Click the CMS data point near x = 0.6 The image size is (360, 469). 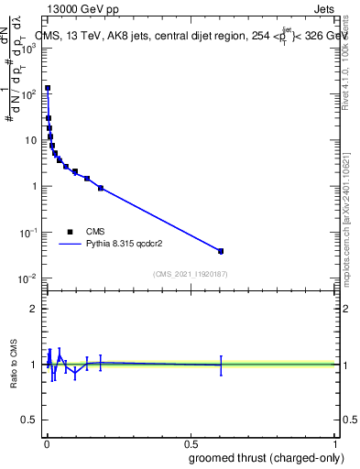(221, 250)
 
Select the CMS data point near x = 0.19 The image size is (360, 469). (101, 188)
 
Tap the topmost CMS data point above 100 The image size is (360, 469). (48, 89)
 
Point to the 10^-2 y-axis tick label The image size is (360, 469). (29, 278)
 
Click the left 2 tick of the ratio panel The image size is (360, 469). (33, 309)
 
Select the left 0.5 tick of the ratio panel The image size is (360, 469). (29, 420)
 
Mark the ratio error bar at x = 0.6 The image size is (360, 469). (221, 365)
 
